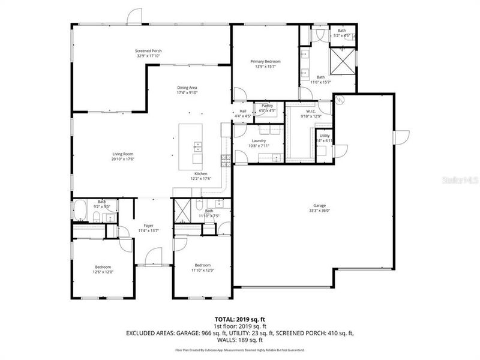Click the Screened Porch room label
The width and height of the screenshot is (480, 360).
[149, 51]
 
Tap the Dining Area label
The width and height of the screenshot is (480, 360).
[187, 88]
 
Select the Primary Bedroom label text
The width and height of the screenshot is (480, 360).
[265, 62]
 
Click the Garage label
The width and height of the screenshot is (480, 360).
[319, 205]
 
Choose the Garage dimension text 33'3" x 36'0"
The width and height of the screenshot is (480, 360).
[319, 211]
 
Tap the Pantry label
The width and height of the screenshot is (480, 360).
[267, 106]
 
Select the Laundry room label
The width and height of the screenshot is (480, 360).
[259, 140]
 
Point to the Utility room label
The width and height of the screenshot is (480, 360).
[325, 135]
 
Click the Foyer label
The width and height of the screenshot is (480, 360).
[148, 226]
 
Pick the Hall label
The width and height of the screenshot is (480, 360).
[243, 110]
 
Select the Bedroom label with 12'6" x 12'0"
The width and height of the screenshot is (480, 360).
[103, 266]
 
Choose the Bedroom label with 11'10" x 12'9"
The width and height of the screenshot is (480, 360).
[202, 265]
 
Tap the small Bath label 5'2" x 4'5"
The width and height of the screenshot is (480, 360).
[341, 31]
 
